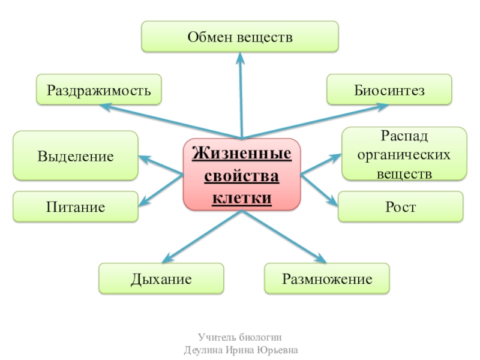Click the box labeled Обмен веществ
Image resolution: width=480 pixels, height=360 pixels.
(240, 37)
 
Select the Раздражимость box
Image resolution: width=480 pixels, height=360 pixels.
(99, 90)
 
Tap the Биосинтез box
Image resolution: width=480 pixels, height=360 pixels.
(389, 90)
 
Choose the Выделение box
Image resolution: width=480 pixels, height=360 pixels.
(76, 156)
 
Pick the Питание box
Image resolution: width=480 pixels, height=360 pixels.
(76, 207)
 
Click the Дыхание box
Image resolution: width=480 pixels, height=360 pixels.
(161, 279)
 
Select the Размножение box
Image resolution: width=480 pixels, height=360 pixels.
(327, 279)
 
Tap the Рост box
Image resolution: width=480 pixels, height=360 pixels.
(401, 207)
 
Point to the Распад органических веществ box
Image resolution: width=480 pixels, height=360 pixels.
(404, 154)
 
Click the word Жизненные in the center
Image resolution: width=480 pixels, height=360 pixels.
(241, 154)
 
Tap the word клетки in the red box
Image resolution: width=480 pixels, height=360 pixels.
(241, 197)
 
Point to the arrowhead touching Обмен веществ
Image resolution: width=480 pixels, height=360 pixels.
(240, 58)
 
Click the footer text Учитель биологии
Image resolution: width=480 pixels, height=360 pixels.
(240, 337)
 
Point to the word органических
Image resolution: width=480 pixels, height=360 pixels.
(404, 154)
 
